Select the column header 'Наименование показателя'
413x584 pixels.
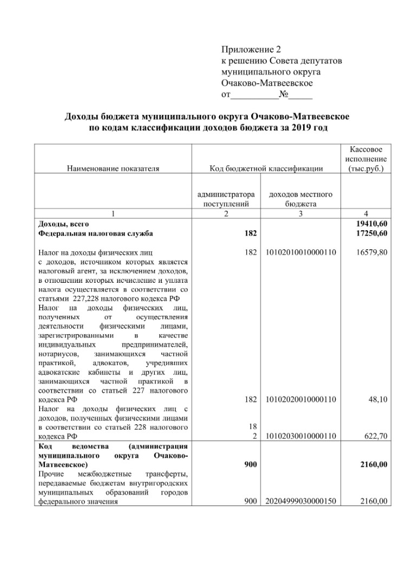113,168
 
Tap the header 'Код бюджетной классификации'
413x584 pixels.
266,168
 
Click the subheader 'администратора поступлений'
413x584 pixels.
226,199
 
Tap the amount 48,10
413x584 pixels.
378,399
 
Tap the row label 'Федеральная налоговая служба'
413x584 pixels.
95,233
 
